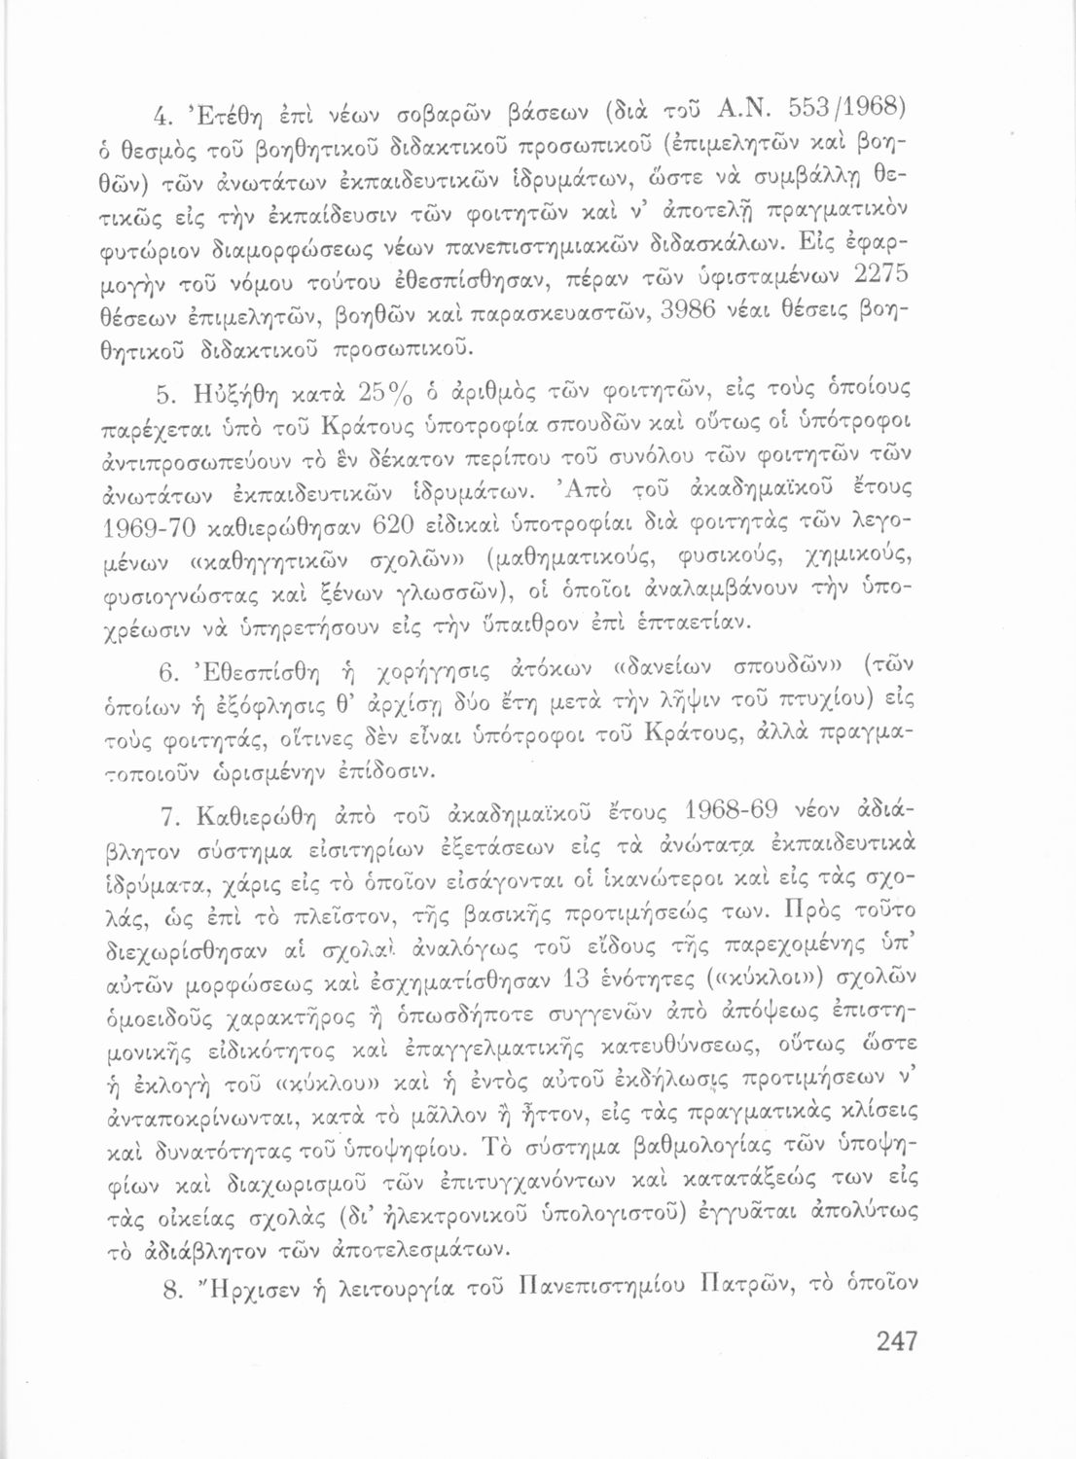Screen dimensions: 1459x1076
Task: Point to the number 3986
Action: pyautogui.click(x=664, y=316)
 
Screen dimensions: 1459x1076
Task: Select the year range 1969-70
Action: pyautogui.click(x=157, y=527)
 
